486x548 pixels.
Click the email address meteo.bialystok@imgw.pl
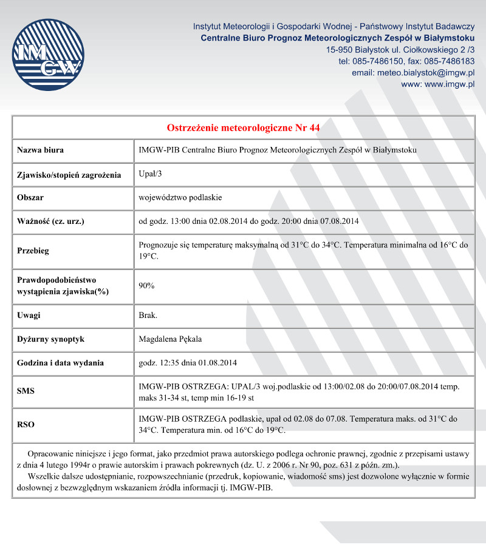pyautogui.click(x=426, y=73)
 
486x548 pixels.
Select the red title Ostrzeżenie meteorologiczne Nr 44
pyautogui.click(x=243, y=127)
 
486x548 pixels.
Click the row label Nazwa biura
pyautogui.click(x=41, y=150)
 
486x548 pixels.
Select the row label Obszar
pyautogui.click(x=30, y=197)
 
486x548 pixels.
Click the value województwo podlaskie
pyautogui.click(x=180, y=197)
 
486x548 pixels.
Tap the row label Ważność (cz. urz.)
pyautogui.click(x=50, y=221)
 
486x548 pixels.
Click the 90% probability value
pyautogui.click(x=146, y=285)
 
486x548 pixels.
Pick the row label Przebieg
pyautogui.click(x=33, y=251)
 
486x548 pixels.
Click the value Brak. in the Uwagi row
pyautogui.click(x=148, y=316)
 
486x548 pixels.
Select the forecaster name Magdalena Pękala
pyautogui.click(x=170, y=339)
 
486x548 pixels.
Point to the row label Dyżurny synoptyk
pyautogui.click(x=50, y=339)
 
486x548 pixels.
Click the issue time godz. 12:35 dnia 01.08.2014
pyautogui.click(x=188, y=363)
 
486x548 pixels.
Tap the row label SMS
pyautogui.click(x=26, y=391)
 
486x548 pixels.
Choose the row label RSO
pyautogui.click(x=26, y=425)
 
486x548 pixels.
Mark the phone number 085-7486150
pyautogui.click(x=372, y=61)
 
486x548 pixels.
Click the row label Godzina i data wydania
pyautogui.click(x=60, y=363)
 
